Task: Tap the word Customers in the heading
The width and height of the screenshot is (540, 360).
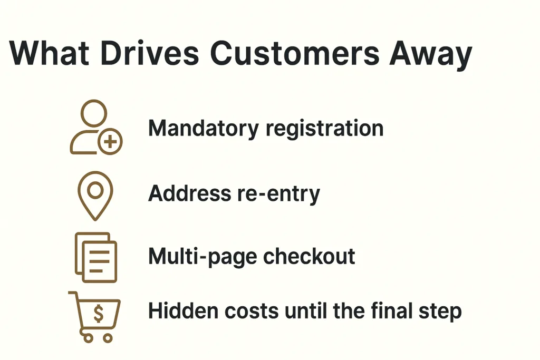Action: pos(294,53)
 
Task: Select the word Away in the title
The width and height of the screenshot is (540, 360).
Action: pos(431,56)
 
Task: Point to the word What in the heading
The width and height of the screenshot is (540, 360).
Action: pos(49,53)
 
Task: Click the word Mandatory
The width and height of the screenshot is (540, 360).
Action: pos(203,129)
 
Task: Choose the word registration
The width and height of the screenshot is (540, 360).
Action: pos(324,129)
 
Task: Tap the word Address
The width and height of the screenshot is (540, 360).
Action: pos(189,193)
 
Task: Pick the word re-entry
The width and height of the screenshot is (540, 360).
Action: pos(278,194)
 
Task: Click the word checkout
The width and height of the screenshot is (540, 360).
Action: pos(309,256)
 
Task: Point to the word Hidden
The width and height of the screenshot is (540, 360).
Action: pos(183,311)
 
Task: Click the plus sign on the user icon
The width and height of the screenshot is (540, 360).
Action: pos(110,141)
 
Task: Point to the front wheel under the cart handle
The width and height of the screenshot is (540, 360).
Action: pos(88,338)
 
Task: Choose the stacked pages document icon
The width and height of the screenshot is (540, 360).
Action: pos(96,257)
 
